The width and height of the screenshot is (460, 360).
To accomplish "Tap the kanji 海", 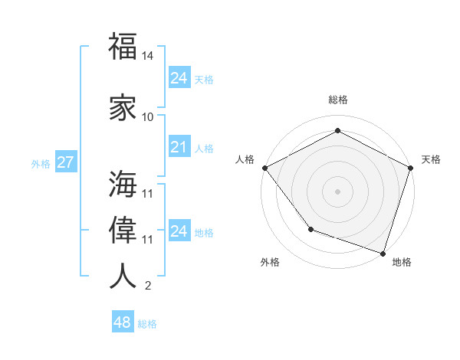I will click(123, 184).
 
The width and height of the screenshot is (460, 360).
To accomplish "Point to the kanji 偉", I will click(123, 230).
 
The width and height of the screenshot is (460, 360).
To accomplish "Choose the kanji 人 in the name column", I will click(123, 276).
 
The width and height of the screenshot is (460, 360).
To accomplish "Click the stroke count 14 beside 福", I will click(148, 57).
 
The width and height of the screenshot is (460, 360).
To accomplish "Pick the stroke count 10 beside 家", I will click(148, 117).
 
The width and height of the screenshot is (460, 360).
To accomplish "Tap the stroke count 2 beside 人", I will click(148, 286).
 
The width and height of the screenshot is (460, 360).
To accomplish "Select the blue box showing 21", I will click(179, 147).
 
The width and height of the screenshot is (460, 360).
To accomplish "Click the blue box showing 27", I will click(65, 162).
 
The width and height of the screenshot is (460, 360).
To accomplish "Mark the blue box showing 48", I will click(122, 322).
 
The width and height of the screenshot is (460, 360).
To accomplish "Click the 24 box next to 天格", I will click(179, 78).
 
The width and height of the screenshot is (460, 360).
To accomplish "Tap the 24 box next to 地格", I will click(179, 231).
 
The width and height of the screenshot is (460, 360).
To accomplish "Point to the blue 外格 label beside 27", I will click(41, 163).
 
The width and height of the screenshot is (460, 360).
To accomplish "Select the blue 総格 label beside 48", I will click(147, 324).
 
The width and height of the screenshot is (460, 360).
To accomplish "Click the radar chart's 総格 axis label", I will click(337, 100).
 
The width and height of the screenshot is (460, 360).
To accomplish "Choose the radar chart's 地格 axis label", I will click(402, 262).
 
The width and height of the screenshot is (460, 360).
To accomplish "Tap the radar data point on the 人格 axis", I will click(264, 167).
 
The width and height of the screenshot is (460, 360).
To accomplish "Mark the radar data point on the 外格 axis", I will click(310, 229).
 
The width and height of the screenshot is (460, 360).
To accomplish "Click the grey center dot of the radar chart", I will click(337, 191).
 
